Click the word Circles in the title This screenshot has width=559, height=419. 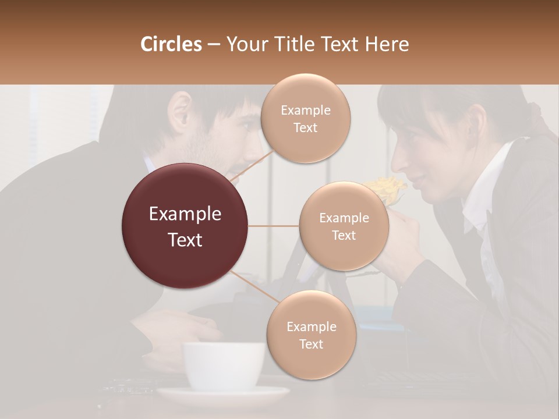click(x=171, y=44)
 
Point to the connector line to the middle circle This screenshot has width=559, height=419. click(x=274, y=226)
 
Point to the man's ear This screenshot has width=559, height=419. click(x=182, y=110)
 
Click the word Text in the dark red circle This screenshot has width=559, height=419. click(x=185, y=240)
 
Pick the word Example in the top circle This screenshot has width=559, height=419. click(x=305, y=110)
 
